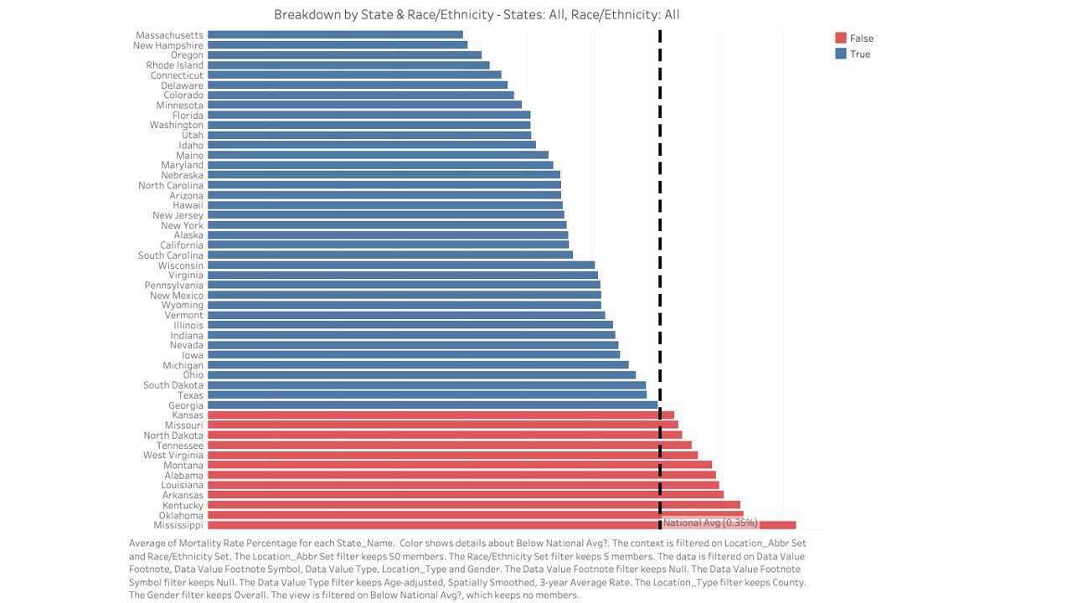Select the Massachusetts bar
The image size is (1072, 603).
coord(335,35)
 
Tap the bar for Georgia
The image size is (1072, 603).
coord(432,405)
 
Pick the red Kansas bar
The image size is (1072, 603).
coord(441,415)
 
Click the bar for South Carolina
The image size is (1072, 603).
coord(389,255)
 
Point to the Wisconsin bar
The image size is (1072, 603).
coord(400,265)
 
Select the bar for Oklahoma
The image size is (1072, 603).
coord(475,515)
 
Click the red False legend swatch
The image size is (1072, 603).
coord(841,39)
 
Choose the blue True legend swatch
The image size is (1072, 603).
coord(841,54)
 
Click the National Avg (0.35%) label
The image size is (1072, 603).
coord(710,523)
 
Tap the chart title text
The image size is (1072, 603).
coord(477,15)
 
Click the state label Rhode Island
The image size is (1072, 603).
coord(174,65)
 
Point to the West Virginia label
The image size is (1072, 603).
coord(173,456)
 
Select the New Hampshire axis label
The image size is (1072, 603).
coord(167,45)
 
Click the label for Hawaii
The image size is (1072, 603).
coord(188,205)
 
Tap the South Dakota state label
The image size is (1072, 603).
coord(173,385)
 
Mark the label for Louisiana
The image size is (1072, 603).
coord(182,486)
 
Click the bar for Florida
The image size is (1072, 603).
coord(368,116)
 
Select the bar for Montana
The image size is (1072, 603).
coord(459,466)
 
